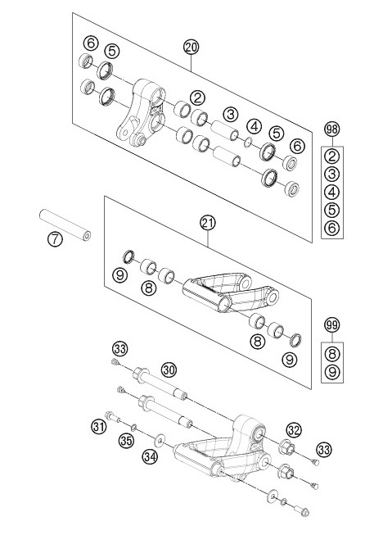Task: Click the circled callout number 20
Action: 191,48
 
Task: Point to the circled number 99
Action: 331,324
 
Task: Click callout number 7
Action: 55,241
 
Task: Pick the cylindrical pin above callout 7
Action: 64,223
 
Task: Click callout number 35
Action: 126,442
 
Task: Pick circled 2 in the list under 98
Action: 331,156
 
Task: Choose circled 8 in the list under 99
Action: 331,354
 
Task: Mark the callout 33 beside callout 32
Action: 325,449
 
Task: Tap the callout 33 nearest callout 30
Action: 120,349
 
